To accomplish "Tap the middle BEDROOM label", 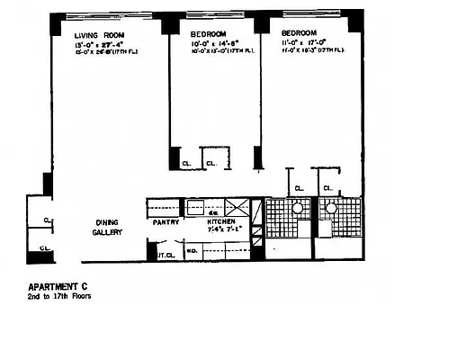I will click(x=208, y=34).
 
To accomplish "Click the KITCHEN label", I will click(x=220, y=222).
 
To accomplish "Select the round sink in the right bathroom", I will click(x=331, y=208).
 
